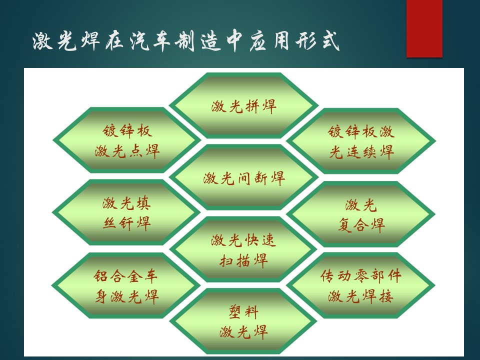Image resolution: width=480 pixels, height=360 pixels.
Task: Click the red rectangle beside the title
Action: coord(424,28)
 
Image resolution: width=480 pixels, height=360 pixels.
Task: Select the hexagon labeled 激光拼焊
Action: coord(243,105)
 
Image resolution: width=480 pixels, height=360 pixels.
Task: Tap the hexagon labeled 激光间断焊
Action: coord(243,178)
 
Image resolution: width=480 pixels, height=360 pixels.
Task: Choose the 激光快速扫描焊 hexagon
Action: coord(243,249)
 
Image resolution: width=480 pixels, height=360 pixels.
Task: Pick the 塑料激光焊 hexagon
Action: coord(243,321)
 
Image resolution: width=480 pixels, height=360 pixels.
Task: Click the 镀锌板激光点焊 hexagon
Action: coord(126,140)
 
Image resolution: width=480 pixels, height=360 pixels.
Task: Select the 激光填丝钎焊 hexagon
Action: coord(126,212)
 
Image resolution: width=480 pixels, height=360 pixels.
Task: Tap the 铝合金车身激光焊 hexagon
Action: coord(126,285)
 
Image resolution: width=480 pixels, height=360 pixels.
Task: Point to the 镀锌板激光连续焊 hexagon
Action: coord(361,141)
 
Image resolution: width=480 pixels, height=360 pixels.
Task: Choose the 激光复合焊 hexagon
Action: coord(361,214)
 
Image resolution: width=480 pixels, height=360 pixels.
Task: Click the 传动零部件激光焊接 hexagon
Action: coord(361,285)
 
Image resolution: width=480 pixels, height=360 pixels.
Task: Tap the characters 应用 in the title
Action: coord(269,41)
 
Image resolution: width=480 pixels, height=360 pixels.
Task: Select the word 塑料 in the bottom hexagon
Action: coord(243,311)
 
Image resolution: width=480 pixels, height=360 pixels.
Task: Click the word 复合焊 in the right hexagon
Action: coord(361,225)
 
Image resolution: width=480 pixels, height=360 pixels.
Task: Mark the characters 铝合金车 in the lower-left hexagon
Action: coord(126,275)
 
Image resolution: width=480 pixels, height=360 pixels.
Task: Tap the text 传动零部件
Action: coord(361,275)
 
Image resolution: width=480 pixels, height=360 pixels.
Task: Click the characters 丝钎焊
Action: coord(126,223)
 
